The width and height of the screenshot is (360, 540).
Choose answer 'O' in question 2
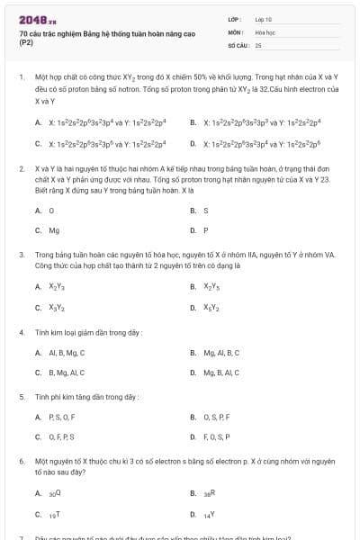coord(52,210)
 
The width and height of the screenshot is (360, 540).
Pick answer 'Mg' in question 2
coord(54,229)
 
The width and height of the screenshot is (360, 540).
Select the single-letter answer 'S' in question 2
coord(206,210)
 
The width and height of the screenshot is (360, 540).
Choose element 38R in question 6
coord(209,493)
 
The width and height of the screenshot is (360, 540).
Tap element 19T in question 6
coord(54,513)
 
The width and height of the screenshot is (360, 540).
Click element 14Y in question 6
coord(209,513)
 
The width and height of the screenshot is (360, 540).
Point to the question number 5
coord(21,396)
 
